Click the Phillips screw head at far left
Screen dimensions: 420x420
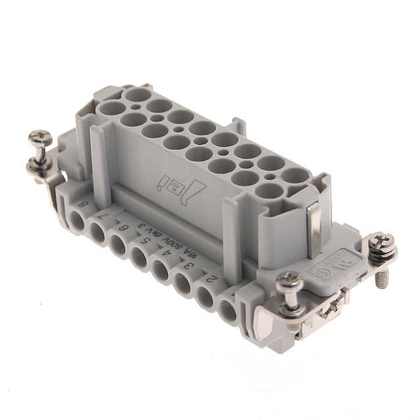tap(37, 140)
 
